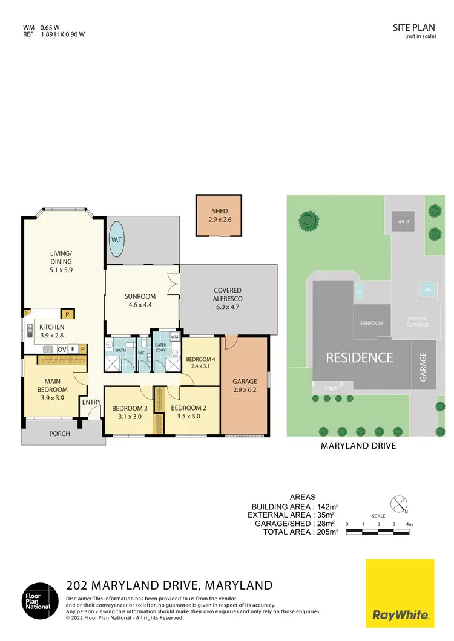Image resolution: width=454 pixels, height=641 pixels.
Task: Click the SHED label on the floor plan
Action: (219, 211)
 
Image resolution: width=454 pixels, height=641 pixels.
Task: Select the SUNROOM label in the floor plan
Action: (140, 296)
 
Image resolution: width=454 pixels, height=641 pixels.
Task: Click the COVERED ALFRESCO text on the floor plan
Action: (228, 294)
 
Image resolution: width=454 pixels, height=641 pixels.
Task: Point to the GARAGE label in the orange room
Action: (245, 382)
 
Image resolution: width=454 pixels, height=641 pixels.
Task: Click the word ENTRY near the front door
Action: (92, 402)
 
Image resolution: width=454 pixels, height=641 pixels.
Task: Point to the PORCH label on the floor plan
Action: (59, 434)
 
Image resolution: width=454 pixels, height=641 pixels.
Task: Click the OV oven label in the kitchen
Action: (62, 349)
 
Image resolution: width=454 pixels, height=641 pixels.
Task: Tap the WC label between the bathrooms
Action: (141, 353)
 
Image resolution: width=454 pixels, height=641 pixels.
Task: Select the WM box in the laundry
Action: (174, 337)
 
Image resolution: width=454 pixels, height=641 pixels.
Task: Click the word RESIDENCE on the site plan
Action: (360, 357)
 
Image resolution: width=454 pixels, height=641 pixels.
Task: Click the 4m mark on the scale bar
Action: (410, 524)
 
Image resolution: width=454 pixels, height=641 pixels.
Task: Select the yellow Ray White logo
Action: (400, 593)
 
